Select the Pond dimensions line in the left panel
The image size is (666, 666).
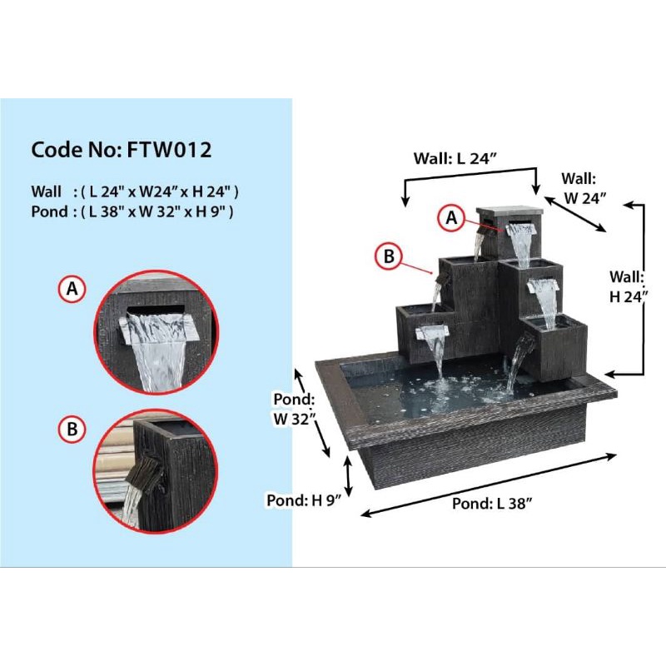(x=132, y=211)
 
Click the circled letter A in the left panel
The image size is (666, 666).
(x=72, y=289)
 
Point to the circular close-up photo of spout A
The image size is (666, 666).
(x=156, y=331)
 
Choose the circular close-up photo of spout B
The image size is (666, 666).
(x=156, y=471)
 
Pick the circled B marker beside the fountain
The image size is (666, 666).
(x=388, y=257)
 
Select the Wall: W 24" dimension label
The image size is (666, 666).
(x=583, y=188)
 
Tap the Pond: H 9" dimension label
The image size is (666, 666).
(x=301, y=500)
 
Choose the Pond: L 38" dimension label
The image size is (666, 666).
(x=492, y=504)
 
